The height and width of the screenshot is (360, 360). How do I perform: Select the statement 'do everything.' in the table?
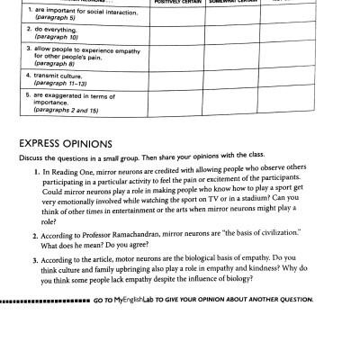[54, 31]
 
